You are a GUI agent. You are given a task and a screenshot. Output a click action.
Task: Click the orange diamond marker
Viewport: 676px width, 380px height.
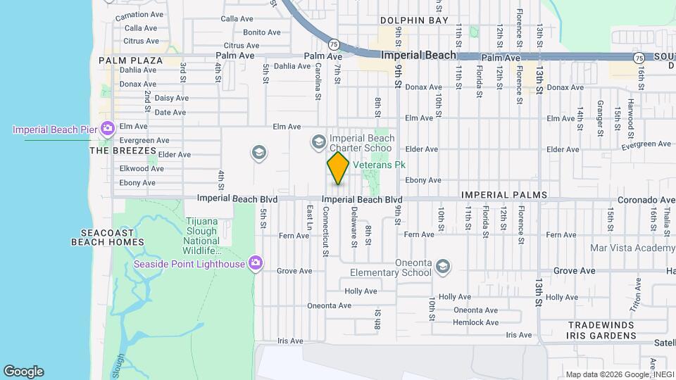[x=338, y=168]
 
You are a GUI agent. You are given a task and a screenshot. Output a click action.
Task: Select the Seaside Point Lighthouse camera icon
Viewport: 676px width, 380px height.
[x=255, y=264]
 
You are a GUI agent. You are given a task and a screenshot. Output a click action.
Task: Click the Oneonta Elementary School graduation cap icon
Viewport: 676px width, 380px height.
[x=442, y=266]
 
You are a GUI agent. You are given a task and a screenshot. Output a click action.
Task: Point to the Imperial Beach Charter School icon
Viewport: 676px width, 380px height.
[x=318, y=143]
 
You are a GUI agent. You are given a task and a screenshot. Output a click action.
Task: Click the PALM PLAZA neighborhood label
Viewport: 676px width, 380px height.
[x=130, y=61]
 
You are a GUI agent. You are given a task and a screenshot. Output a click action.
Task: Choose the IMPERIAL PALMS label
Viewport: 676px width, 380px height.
[x=503, y=194]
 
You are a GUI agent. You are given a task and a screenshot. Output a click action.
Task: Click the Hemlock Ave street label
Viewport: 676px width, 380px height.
[x=476, y=322]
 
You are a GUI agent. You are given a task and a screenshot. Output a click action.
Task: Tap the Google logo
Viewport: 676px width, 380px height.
[x=23, y=372]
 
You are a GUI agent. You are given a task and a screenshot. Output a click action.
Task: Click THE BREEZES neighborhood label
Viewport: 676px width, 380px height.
[x=123, y=151]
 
